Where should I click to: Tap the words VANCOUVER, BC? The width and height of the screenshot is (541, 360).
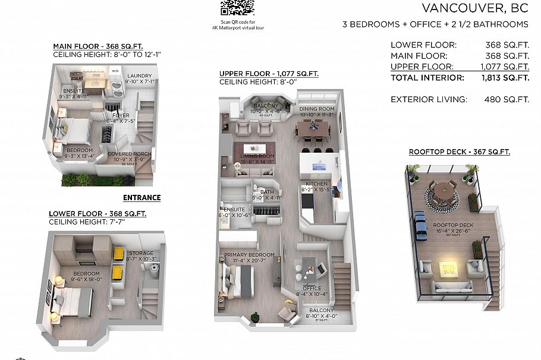tap(474, 8)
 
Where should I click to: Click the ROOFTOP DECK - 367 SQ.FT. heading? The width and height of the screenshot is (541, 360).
tap(459, 152)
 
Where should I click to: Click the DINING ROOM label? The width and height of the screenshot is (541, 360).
tap(317, 109)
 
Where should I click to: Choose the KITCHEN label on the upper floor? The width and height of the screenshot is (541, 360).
tap(317, 184)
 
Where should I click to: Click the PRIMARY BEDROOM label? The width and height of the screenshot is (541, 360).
tap(249, 255)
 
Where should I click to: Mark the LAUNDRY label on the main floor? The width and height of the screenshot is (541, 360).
tap(140, 75)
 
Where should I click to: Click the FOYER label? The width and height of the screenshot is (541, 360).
tap(121, 115)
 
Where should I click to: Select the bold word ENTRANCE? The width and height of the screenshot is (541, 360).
tap(141, 198)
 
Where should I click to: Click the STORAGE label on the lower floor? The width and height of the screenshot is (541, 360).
tap(141, 253)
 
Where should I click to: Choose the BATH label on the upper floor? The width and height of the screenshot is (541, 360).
tap(266, 192)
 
